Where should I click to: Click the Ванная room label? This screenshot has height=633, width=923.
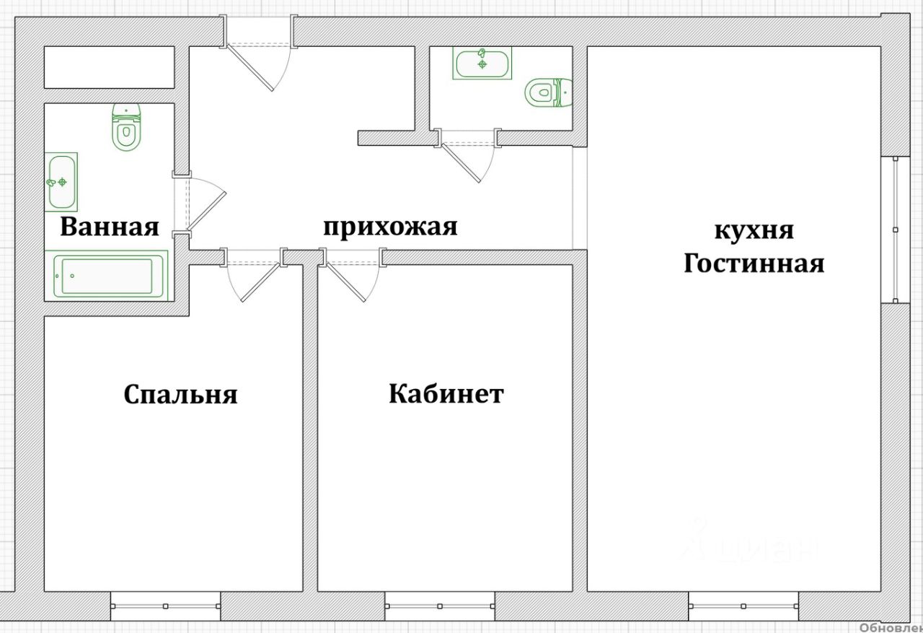click(x=109, y=227)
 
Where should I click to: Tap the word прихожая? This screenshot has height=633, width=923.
click(x=389, y=227)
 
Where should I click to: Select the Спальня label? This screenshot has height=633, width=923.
click(x=180, y=395)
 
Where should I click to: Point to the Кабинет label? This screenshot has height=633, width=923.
click(x=446, y=394)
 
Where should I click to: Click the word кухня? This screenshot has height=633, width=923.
click(x=754, y=231)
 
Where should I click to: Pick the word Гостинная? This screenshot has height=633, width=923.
click(x=754, y=263)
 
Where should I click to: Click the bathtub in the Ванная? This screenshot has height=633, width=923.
click(x=107, y=276)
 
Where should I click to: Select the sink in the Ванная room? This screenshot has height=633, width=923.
click(x=61, y=182)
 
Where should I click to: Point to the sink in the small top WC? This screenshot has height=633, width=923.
click(x=482, y=63)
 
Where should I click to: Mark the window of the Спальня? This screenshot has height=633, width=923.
click(x=165, y=606)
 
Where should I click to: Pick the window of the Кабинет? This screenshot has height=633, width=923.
click(x=440, y=606)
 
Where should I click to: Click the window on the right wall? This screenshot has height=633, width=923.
click(x=895, y=230)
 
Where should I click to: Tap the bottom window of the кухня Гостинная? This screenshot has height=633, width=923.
click(x=743, y=606)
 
